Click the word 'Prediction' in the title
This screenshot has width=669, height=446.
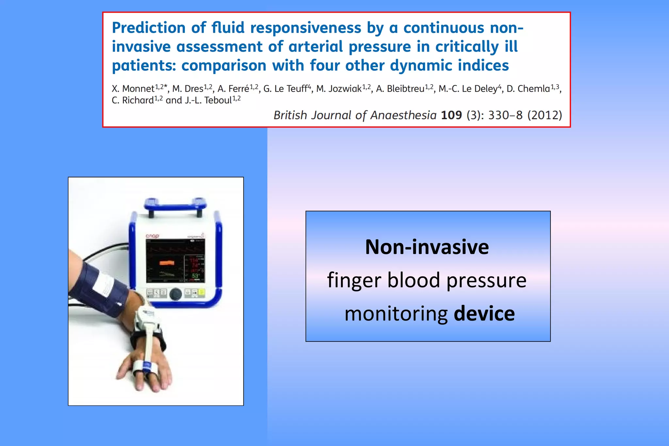(148, 28)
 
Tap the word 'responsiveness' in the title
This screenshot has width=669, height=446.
(305, 28)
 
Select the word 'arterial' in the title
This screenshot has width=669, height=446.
(316, 47)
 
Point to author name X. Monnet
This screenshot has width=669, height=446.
(133, 89)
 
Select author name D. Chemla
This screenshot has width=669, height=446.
(528, 89)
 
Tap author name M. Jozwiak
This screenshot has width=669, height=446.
(339, 89)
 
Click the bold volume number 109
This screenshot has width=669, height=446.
(451, 115)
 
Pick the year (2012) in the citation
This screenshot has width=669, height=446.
(545, 115)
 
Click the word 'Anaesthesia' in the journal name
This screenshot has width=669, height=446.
(403, 115)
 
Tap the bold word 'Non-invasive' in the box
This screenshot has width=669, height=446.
(427, 247)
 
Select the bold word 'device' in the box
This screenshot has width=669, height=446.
(484, 313)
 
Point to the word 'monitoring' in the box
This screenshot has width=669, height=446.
(396, 313)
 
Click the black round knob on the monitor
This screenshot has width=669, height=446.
(176, 294)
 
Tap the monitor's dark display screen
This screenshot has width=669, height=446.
(175, 261)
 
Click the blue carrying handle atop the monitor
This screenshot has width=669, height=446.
(175, 205)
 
